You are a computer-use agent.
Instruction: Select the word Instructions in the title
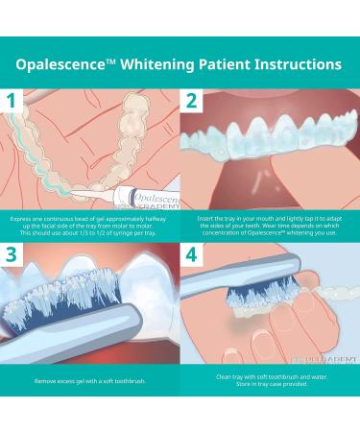tap(292, 65)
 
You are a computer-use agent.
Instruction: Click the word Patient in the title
tap(216, 65)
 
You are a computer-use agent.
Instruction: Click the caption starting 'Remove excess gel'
tap(90, 382)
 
